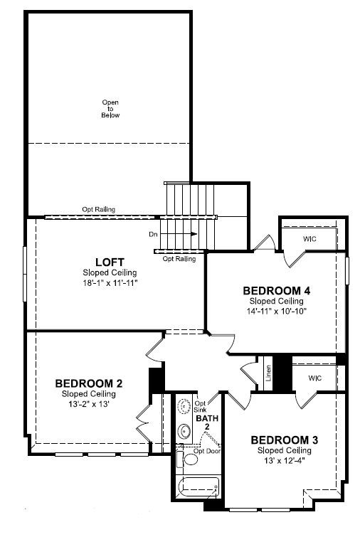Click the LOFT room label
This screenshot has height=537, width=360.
[110, 262]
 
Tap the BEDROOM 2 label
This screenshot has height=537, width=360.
[89, 383]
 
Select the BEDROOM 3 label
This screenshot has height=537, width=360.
[285, 440]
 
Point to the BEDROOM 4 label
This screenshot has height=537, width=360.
[277, 291]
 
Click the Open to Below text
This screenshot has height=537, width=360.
[110, 109]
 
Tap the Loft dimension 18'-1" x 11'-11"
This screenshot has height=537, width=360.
[110, 283]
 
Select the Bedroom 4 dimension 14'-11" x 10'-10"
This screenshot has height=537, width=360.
[277, 312]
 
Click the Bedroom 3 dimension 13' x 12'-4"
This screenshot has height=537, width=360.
[285, 461]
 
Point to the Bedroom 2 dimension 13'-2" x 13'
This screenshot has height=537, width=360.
[89, 404]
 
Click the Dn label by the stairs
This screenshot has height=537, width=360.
[153, 235]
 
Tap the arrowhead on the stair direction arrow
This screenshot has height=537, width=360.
[194, 234]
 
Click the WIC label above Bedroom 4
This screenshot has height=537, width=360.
[309, 239]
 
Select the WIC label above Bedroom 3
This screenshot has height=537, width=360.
[314, 378]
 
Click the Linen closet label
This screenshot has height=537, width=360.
[268, 373]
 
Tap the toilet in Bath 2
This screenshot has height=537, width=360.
[187, 459]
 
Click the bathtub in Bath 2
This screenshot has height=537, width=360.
[198, 488]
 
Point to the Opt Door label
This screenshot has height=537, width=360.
[207, 452]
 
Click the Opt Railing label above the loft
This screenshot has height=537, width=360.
[98, 209]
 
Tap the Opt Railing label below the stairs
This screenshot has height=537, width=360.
[179, 259]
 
